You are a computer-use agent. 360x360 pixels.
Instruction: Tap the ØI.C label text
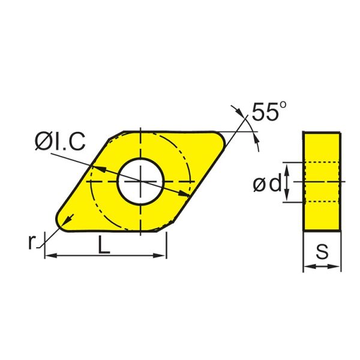[x=59, y=142]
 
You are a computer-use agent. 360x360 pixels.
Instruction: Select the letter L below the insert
[x=104, y=247]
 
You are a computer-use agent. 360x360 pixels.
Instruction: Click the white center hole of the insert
[x=140, y=181]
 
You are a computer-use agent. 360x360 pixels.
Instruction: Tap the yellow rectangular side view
[x=322, y=181]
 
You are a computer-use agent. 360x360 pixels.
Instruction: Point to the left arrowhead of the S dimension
[x=307, y=266]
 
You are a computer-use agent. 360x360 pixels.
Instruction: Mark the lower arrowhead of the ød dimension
[x=287, y=198]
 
